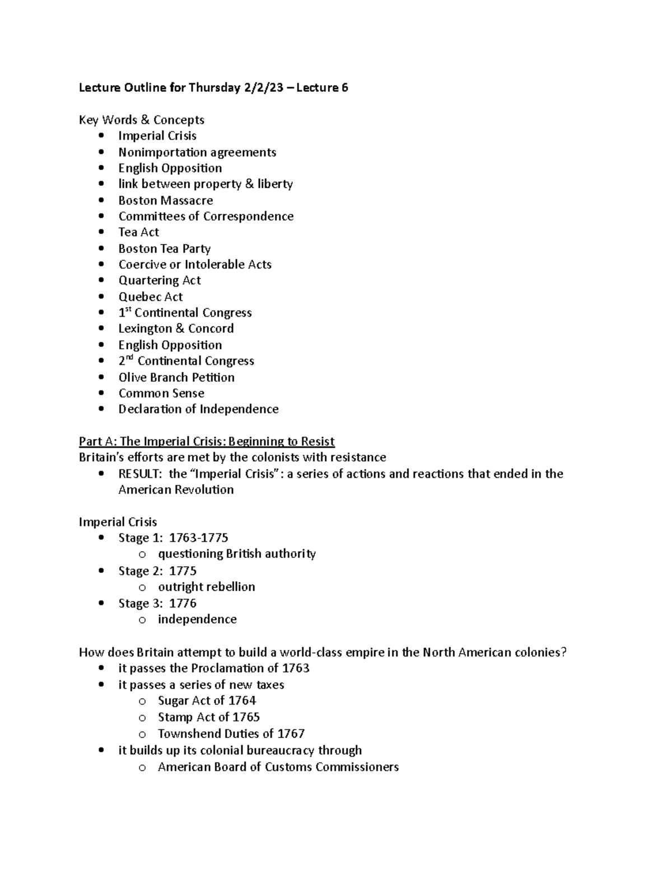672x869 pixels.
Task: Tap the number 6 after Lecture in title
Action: pyautogui.click(x=344, y=87)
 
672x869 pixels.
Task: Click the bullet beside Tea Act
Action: pyautogui.click(x=101, y=232)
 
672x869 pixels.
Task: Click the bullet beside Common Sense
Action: pyautogui.click(x=101, y=393)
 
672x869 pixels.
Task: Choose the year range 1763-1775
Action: pyautogui.click(x=199, y=538)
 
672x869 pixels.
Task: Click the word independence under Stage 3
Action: pyautogui.click(x=197, y=619)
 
